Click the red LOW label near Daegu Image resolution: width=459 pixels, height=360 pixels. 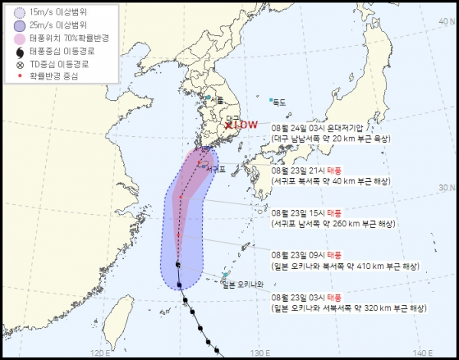click(x=246, y=124)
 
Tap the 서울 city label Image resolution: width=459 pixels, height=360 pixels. click(x=217, y=99)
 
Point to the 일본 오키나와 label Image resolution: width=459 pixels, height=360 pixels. click(x=243, y=284)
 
